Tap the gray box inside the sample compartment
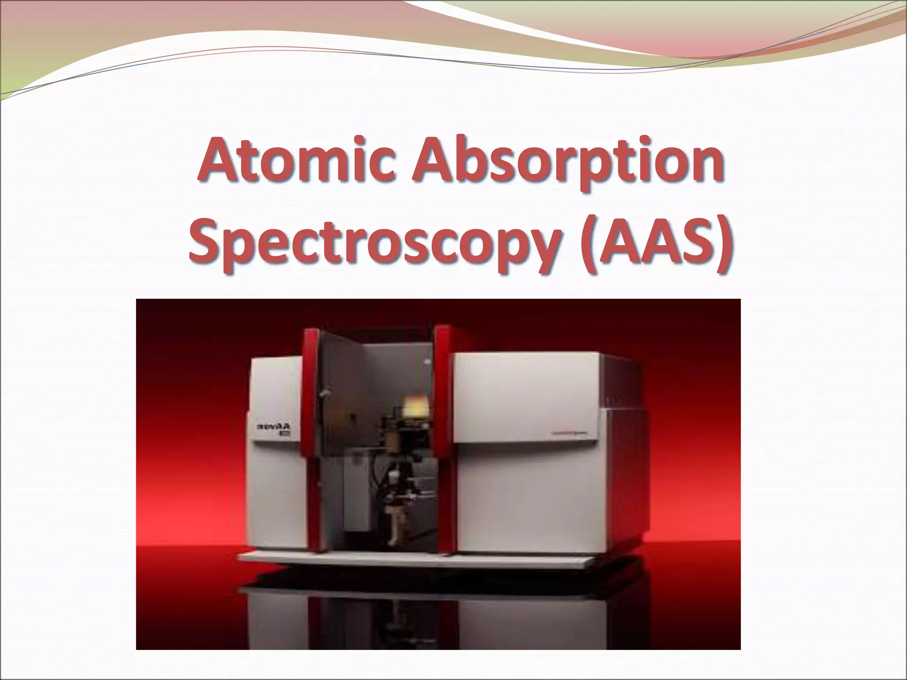pos(350,491)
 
